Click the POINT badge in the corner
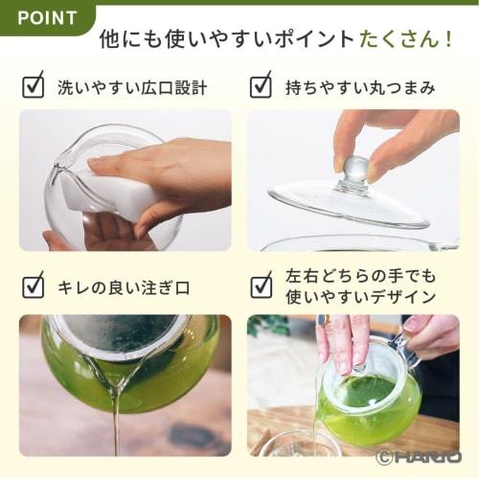point(46,17)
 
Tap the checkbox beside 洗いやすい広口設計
point(33,87)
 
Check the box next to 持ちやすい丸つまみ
point(261,87)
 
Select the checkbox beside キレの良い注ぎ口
point(33,285)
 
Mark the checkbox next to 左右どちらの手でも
point(261,285)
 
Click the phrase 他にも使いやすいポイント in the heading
point(226,40)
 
